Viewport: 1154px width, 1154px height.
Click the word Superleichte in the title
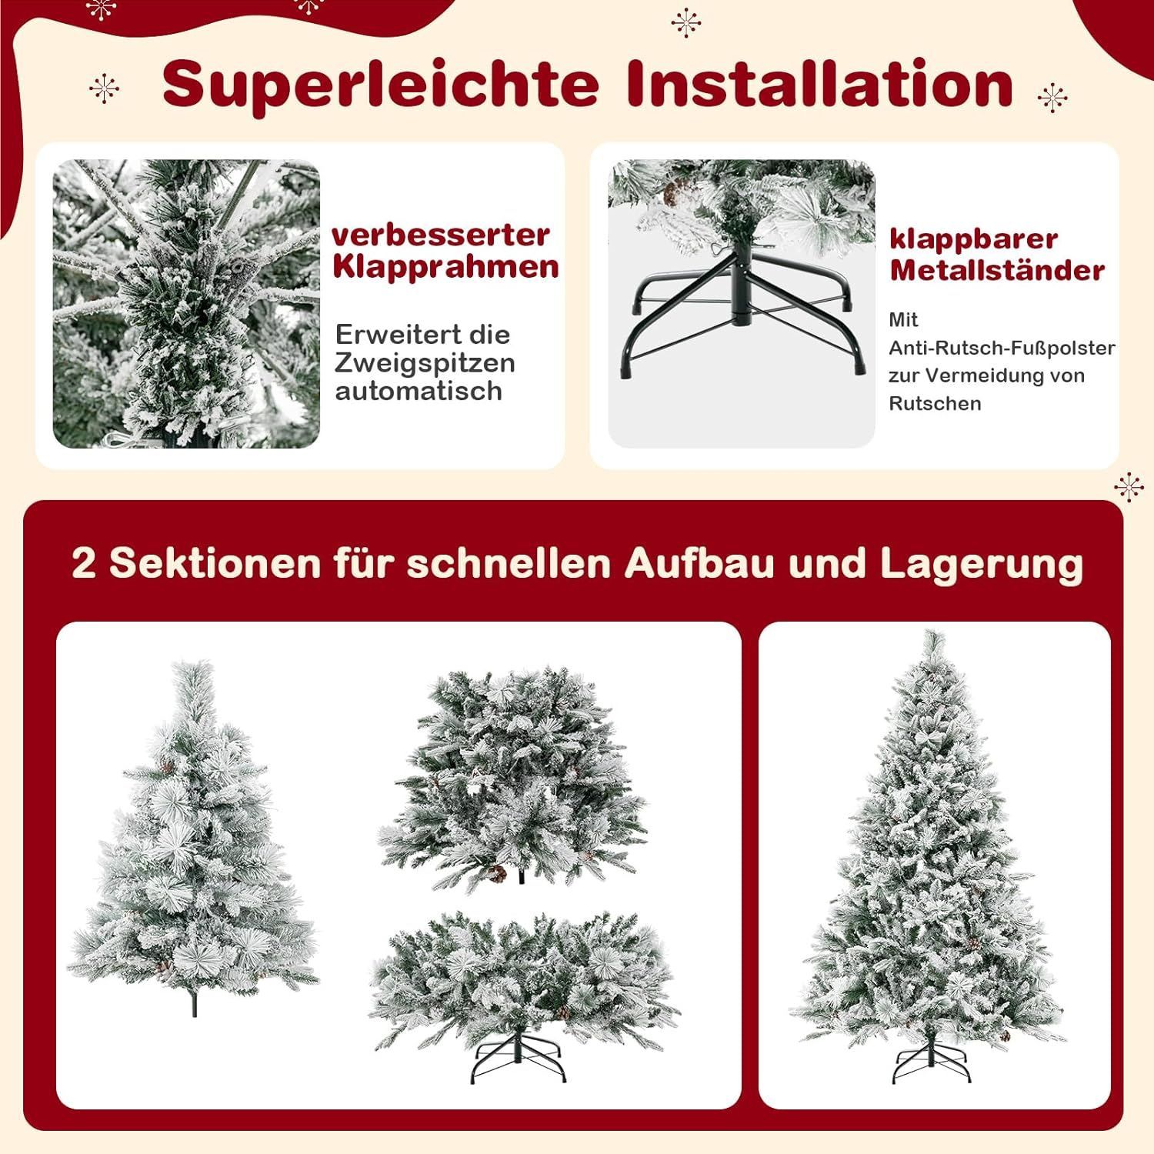381,84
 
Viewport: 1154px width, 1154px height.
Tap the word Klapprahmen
445,268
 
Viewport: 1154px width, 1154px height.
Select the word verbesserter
441,234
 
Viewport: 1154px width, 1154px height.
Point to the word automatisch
419,391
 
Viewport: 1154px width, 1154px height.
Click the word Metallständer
997,270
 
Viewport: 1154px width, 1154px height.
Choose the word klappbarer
974,239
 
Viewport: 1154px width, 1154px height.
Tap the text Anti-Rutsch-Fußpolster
1002,348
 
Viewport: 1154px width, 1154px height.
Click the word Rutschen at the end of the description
935,403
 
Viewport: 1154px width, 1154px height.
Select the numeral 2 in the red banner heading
83,563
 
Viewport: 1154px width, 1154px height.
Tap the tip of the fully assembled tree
935,632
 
